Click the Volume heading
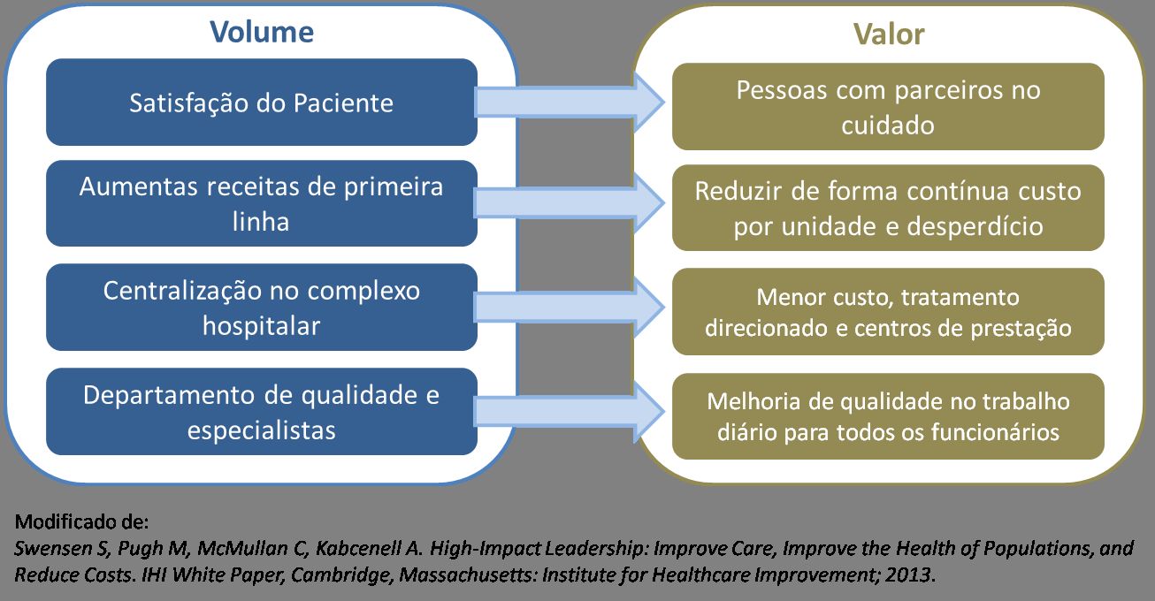[x=261, y=33]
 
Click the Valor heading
[x=888, y=34]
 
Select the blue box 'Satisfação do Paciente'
[x=261, y=103]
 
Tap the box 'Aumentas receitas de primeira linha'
[x=261, y=203]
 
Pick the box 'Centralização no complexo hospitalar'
[x=261, y=308]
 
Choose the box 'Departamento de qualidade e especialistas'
[x=261, y=412]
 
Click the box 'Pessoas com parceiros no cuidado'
[x=888, y=107]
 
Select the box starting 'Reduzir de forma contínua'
[x=888, y=209]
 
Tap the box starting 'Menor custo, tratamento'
[x=888, y=313]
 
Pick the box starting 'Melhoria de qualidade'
[x=888, y=416]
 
